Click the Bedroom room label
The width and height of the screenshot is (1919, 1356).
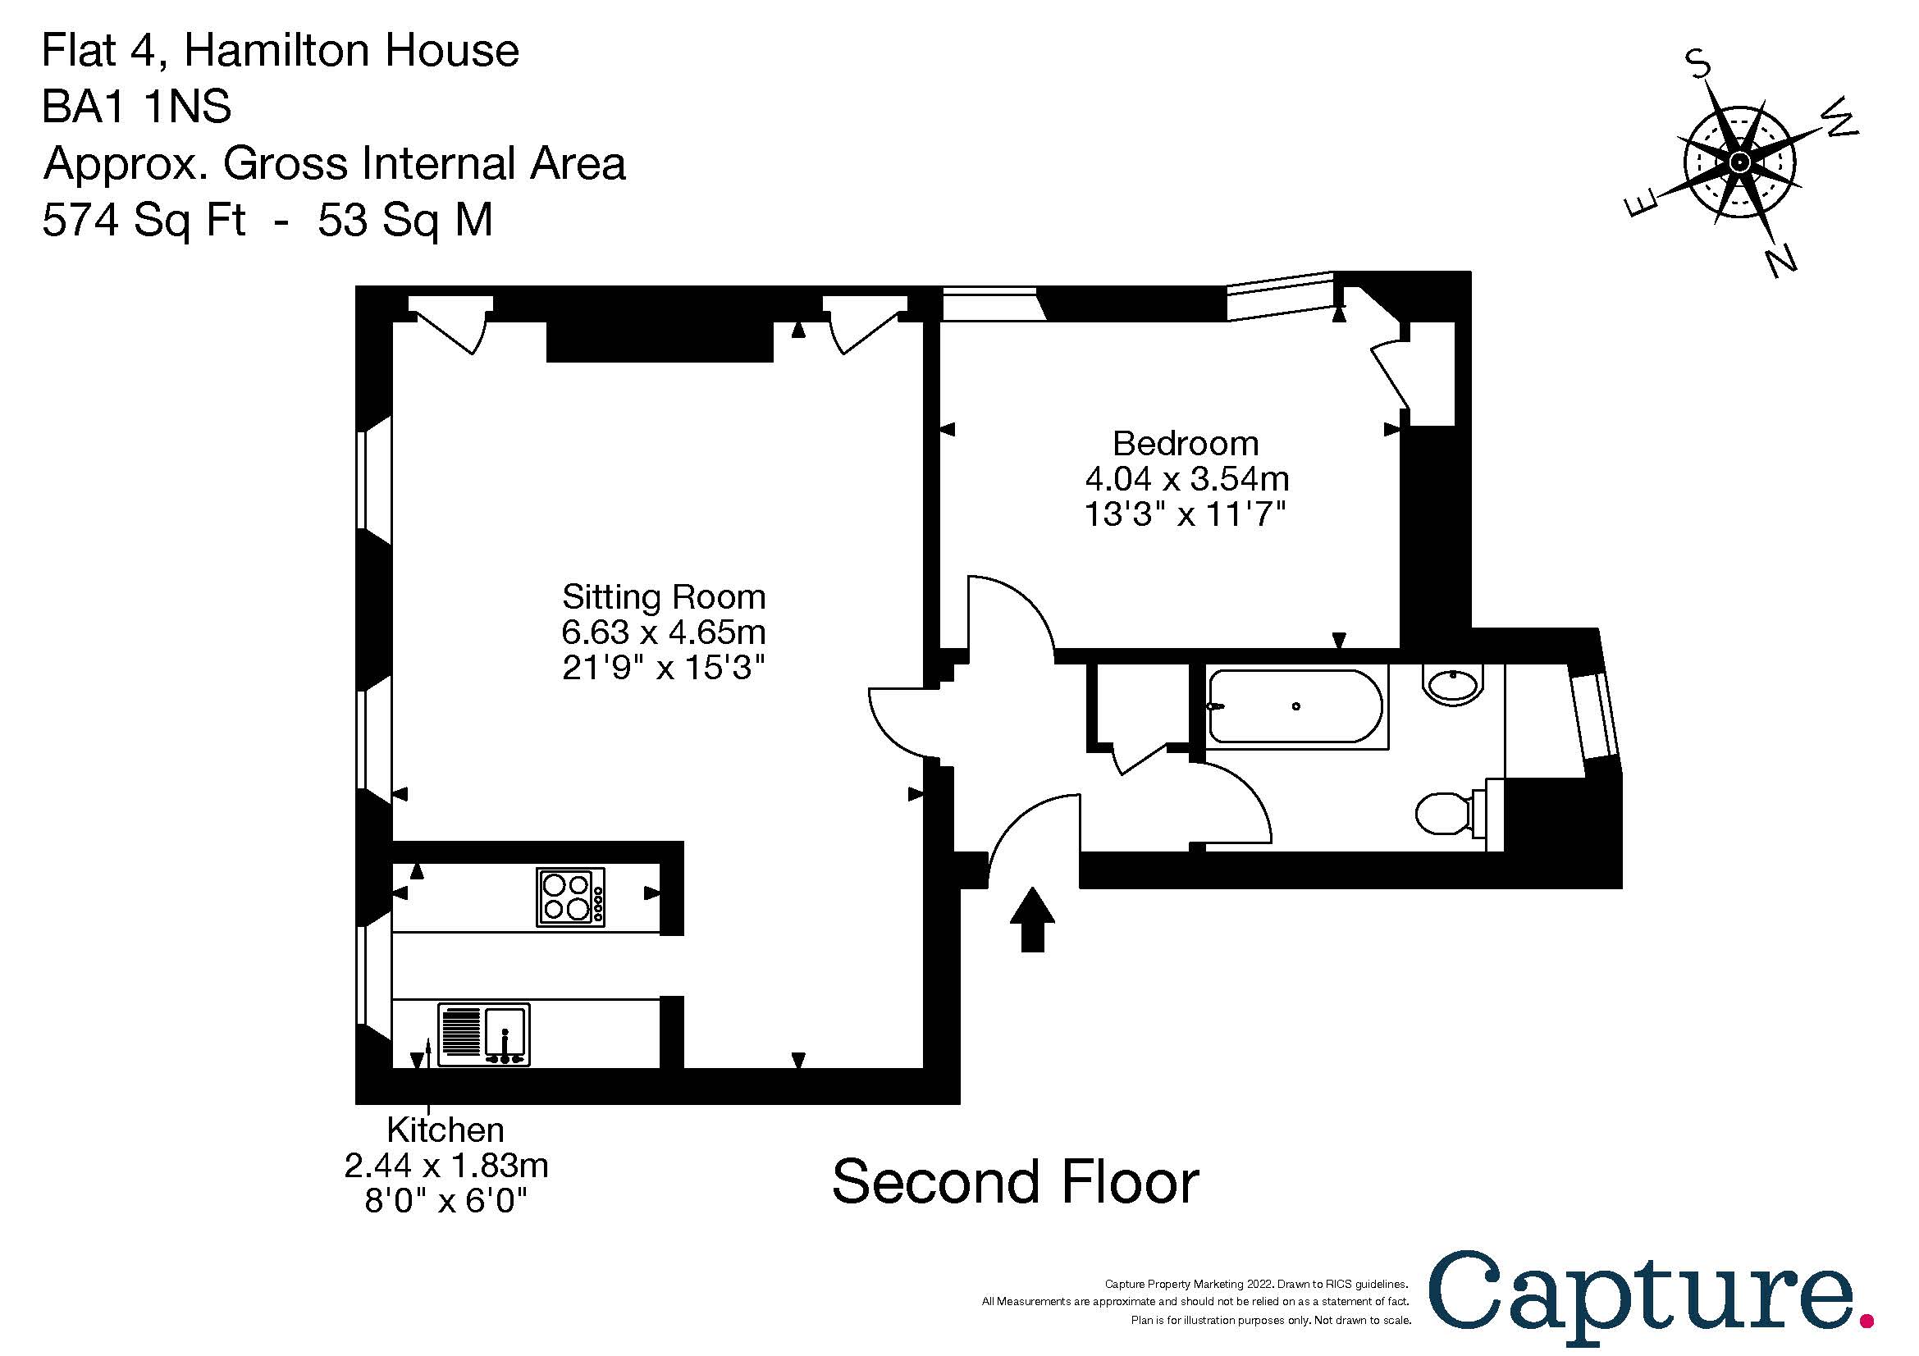(1186, 444)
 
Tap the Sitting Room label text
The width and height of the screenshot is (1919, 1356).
(664, 597)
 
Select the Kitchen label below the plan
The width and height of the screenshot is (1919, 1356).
(445, 1130)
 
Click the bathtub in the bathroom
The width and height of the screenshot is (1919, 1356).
(1295, 707)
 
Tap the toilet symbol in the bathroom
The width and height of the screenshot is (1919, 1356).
(1446, 812)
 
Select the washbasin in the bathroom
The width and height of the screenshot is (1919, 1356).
(1454, 686)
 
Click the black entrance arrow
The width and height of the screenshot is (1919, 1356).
(1032, 918)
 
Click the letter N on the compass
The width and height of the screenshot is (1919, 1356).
(1782, 262)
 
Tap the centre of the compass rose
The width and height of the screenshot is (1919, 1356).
(1740, 162)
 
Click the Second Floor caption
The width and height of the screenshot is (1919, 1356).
(1016, 1182)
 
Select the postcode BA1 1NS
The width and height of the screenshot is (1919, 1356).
(136, 107)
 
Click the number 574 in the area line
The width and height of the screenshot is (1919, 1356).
(77, 221)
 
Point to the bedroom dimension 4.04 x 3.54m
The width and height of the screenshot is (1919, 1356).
(1187, 480)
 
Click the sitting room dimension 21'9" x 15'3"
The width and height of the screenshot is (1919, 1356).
(664, 669)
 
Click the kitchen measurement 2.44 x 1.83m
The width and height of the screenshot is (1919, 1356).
(445, 1167)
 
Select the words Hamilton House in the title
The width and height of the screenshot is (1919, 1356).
(351, 51)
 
